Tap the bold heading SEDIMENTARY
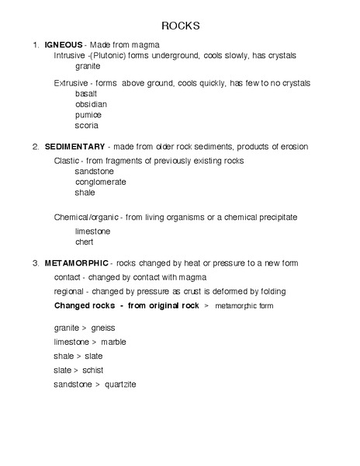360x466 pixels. click(74, 146)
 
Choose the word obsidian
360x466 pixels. click(91, 103)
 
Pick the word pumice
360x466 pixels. click(88, 114)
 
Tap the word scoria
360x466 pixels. click(86, 125)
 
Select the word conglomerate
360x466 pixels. click(101, 182)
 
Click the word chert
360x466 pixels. click(84, 242)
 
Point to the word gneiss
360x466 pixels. click(102, 328)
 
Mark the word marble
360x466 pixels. click(113, 342)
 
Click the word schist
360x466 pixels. click(92, 370)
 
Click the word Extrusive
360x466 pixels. click(70, 82)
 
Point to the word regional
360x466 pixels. click(68, 291)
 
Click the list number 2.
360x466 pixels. click(35, 146)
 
